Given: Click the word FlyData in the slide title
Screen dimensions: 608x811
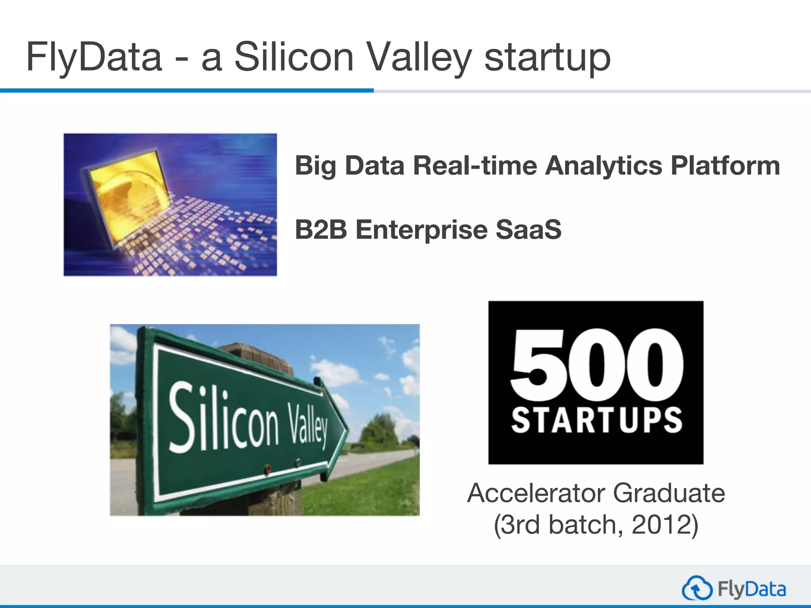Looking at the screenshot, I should (x=94, y=57).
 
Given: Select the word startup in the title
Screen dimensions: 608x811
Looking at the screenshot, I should (x=547, y=58).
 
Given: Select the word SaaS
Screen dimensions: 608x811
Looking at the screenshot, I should (x=528, y=230).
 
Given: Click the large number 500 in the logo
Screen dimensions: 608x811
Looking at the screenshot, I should (x=596, y=364).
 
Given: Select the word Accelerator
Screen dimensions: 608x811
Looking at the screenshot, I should (x=537, y=493).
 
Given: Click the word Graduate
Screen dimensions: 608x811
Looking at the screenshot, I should (x=669, y=493).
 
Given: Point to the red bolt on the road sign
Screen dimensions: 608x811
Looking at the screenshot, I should (x=268, y=468).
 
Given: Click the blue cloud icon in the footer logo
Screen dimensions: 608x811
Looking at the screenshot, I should (x=697, y=589).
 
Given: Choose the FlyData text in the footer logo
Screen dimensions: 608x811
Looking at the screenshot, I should (x=752, y=589).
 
